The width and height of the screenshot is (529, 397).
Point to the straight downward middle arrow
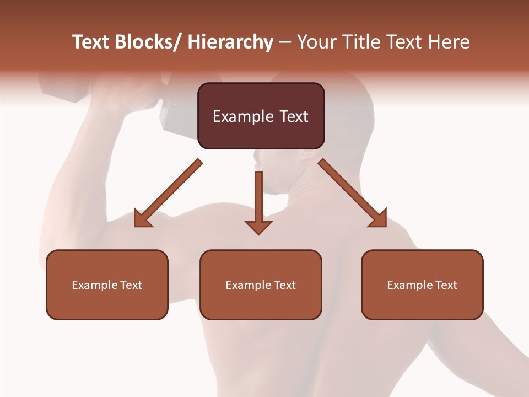(x=258, y=198)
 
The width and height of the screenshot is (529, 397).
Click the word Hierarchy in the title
(x=230, y=42)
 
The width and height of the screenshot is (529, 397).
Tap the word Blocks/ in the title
(x=148, y=42)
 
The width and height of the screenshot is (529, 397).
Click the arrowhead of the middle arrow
(x=258, y=227)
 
